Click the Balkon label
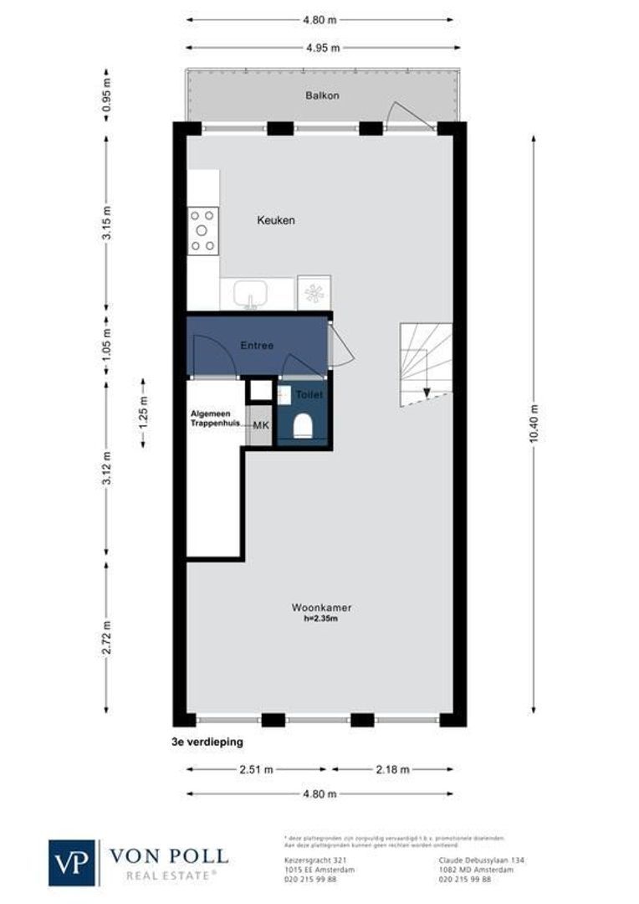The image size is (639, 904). (322, 95)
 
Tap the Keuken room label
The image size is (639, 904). (275, 220)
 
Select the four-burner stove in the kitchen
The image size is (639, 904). (202, 230)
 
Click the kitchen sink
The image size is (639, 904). (249, 294)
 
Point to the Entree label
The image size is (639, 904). (257, 345)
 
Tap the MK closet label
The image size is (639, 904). (261, 426)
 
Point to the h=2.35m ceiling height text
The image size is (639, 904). (321, 619)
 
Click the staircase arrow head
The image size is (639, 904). (427, 392)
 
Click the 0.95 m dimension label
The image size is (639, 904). (105, 100)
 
